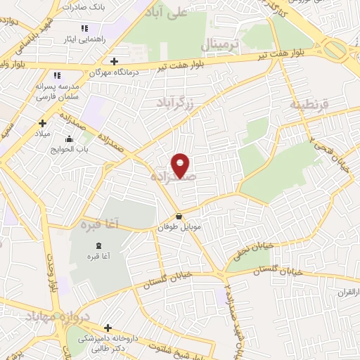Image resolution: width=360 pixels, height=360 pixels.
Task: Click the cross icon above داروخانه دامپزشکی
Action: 107,328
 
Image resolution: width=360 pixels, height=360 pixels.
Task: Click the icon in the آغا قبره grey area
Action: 98,245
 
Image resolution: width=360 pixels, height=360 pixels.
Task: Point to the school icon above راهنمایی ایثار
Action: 84,28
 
